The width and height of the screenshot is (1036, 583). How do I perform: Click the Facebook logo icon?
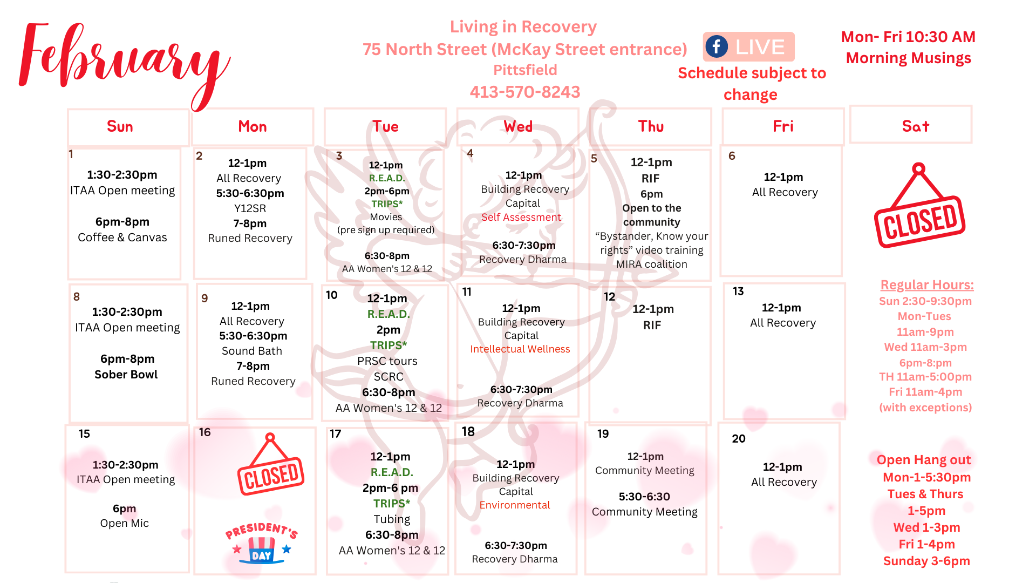tap(717, 46)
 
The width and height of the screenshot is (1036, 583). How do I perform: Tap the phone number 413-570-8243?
tap(524, 92)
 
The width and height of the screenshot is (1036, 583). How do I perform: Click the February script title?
tap(124, 59)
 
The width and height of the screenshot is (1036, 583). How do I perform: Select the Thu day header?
tap(651, 126)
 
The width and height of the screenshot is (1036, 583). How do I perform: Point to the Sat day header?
tap(915, 126)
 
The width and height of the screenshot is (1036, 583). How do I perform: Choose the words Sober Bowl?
tap(126, 375)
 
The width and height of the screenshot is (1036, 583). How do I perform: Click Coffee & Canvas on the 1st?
tap(122, 238)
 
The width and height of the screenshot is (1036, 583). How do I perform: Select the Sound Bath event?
tap(252, 351)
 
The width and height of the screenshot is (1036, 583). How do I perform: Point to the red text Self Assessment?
tap(521, 217)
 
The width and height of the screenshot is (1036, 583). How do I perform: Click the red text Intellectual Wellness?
tap(520, 349)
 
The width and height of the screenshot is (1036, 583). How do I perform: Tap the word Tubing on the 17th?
tap(392, 519)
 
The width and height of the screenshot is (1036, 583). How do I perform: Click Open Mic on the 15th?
tap(124, 523)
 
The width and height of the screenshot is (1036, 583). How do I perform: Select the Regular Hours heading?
tap(927, 285)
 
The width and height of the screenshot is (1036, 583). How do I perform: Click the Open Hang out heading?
tap(924, 460)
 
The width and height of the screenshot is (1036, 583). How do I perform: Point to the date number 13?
tap(738, 291)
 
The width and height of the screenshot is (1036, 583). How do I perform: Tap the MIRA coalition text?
tap(652, 265)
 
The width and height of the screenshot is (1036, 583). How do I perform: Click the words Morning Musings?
tap(909, 58)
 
